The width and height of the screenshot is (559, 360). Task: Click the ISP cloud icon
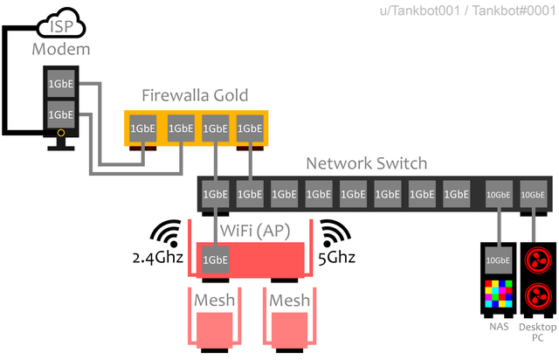(x=60, y=25)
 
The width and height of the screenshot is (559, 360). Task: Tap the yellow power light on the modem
(x=61, y=133)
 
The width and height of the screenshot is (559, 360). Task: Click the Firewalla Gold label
(x=196, y=95)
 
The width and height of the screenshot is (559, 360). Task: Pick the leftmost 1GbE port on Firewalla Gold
(x=144, y=128)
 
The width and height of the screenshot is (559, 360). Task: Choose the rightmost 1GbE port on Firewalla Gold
(x=250, y=128)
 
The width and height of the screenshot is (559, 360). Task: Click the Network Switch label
(x=367, y=163)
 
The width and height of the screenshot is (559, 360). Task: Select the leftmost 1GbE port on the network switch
(x=216, y=194)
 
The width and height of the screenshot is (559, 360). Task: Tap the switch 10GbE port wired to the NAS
(x=498, y=194)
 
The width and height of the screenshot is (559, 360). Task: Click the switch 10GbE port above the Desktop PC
(x=533, y=194)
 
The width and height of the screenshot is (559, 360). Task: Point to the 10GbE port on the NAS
(x=498, y=260)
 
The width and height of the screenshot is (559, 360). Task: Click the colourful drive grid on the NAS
(x=498, y=294)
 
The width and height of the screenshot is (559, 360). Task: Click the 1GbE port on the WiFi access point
(x=216, y=260)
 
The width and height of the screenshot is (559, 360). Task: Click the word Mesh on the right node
(x=289, y=301)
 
